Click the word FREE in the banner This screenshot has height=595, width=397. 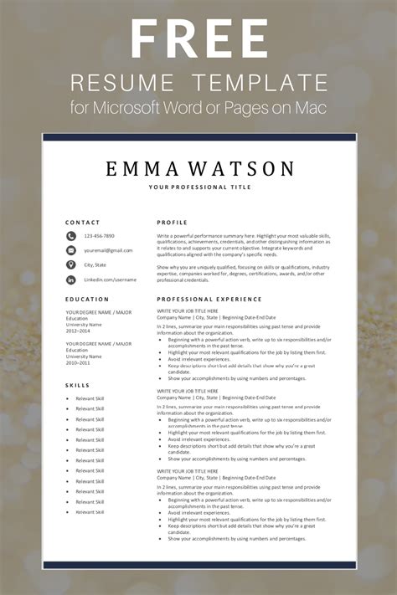pos(198,38)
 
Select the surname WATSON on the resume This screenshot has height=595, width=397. pos(248,170)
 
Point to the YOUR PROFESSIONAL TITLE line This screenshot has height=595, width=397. pos(198,187)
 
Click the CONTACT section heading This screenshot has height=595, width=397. pos(83,223)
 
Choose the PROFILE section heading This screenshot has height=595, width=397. pos(172,223)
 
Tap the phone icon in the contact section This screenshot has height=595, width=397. pos(71,237)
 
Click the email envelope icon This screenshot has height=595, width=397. pos(71,250)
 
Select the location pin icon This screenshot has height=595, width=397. pos(71,264)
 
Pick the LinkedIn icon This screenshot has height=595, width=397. pos(71,279)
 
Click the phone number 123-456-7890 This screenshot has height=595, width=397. pos(100,237)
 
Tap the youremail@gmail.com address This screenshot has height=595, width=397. pos(108,250)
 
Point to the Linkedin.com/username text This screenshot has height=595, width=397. pos(110,279)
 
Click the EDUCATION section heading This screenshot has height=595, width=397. pos(87,299)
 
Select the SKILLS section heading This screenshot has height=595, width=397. pos(78,385)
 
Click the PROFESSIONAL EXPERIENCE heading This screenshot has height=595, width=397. pos(209,299)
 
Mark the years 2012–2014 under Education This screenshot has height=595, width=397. pos(78,331)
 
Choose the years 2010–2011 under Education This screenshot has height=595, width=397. pos(78,362)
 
